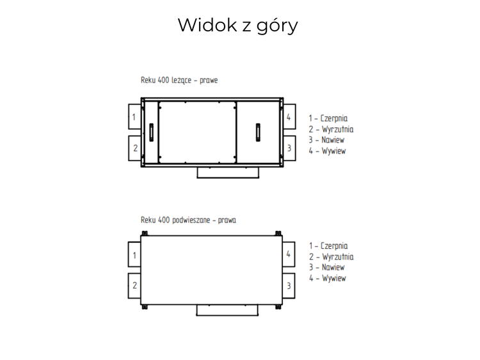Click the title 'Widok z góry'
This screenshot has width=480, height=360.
[x=237, y=25]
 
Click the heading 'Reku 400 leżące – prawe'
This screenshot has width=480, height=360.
[x=179, y=80]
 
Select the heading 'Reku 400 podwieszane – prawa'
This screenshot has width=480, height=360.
[x=188, y=220]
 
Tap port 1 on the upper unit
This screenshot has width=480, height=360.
[x=134, y=116]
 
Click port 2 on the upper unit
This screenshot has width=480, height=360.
[x=134, y=148]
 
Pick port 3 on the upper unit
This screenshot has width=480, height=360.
[x=289, y=148]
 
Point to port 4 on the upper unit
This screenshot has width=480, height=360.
[x=289, y=116]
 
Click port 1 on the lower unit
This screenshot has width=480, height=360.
[x=134, y=254]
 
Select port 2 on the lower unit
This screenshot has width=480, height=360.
[x=134, y=286]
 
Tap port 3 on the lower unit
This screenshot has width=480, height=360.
[x=289, y=286]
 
